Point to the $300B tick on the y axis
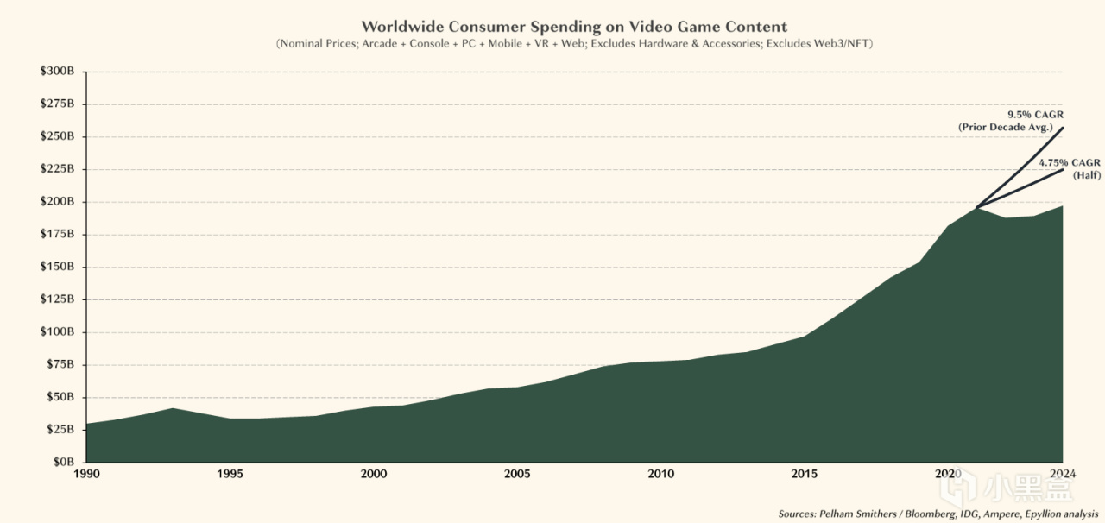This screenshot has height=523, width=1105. click(60, 72)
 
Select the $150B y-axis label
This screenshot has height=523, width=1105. click(60, 267)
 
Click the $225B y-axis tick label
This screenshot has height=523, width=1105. click(60, 169)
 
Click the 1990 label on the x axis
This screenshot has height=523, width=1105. click(86, 474)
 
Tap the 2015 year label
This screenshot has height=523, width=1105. click(805, 474)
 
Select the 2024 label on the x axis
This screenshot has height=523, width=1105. click(1062, 474)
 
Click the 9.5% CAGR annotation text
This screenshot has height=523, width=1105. click(1032, 114)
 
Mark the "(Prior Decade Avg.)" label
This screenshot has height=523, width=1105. click(1006, 127)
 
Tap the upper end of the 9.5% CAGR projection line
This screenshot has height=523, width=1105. click(1062, 129)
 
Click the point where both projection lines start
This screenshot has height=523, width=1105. click(976, 208)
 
